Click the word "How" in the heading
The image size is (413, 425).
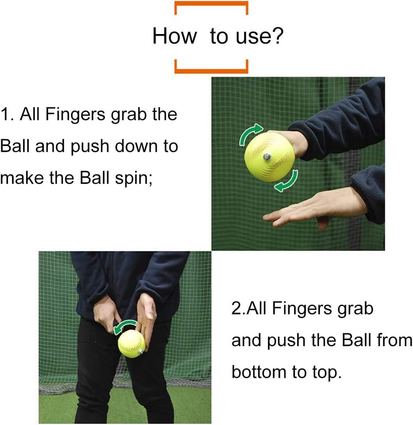tap(175, 36)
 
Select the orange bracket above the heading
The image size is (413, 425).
tap(211, 5)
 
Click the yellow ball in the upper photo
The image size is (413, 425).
tap(269, 157)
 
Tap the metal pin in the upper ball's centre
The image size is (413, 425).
tap(268, 156)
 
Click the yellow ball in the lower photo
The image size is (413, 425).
tap(131, 344)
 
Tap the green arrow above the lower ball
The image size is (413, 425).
tap(125, 325)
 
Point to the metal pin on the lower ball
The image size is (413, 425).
tap(141, 352)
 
